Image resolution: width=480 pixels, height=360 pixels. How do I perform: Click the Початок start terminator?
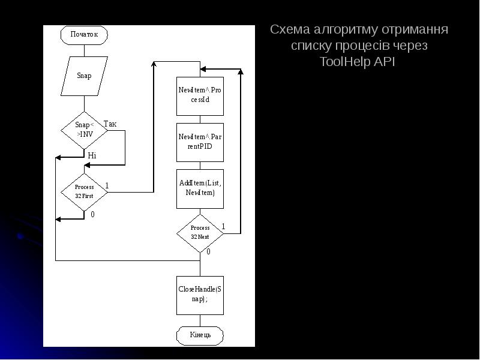tap(84, 34)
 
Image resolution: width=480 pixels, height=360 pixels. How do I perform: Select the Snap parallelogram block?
tap(84, 76)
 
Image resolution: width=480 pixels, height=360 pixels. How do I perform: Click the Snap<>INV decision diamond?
tap(84, 130)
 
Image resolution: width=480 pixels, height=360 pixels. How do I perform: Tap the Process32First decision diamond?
tap(84, 191)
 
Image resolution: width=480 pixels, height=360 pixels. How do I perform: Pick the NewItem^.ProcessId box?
tap(200, 95)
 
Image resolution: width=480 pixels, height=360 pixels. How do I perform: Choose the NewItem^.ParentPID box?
tap(200, 142)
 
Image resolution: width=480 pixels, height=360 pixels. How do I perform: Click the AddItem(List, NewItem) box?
tap(200, 188)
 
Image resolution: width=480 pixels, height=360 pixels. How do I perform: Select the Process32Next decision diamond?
tap(200, 233)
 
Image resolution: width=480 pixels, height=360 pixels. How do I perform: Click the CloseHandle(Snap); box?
tap(200, 295)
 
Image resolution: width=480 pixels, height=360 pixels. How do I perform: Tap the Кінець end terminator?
tap(200, 334)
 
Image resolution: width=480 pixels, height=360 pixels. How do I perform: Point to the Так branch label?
tap(110, 124)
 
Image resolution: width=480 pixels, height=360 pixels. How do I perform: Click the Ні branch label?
tap(92, 155)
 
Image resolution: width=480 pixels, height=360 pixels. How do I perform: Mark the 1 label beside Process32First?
tap(107, 185)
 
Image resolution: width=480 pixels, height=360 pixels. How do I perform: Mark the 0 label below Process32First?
tap(92, 214)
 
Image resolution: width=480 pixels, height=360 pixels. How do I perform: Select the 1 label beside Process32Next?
tap(223, 226)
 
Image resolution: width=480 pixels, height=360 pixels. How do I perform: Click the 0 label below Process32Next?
tap(208, 252)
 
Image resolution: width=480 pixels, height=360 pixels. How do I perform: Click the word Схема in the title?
tap(288, 30)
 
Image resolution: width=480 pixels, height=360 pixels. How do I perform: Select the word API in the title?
tap(384, 62)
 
